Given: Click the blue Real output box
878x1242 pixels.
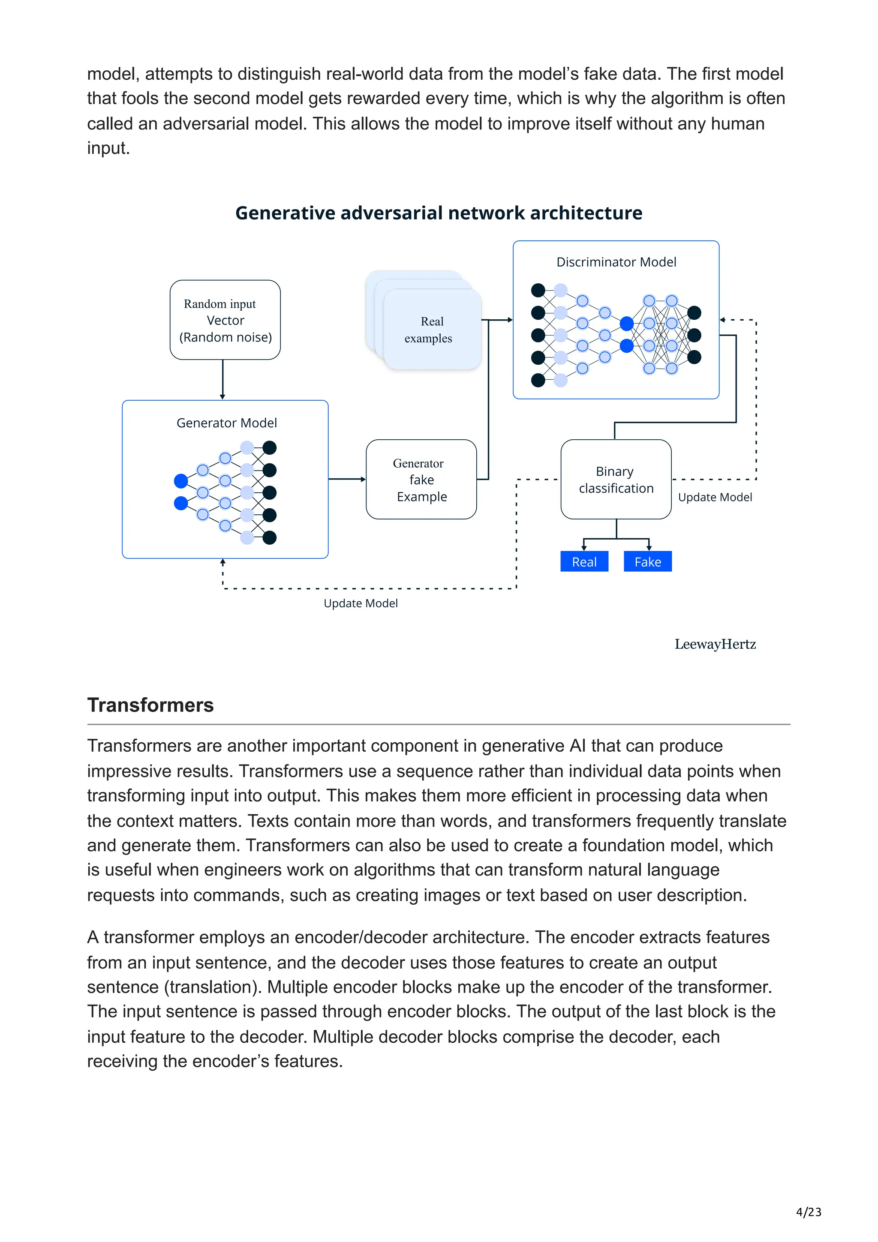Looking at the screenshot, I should (584, 561).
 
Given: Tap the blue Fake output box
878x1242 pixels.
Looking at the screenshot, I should (647, 561).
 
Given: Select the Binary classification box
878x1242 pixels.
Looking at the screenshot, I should (616, 479).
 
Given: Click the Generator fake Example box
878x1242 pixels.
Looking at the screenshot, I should (421, 479).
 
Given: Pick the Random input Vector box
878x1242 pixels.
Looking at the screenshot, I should (225, 320).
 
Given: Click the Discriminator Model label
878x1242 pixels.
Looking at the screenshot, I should (616, 262).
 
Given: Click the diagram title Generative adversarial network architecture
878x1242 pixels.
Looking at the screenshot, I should (438, 213).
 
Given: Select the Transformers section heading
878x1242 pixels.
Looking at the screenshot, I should (150, 705).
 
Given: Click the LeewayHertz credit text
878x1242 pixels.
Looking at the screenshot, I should (715, 644).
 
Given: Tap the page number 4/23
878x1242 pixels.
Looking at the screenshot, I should (808, 1212).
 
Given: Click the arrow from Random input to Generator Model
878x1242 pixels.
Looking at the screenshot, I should (223, 379).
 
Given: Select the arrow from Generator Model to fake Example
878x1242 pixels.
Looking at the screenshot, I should (347, 479).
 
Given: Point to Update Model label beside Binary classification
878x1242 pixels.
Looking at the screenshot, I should (714, 497).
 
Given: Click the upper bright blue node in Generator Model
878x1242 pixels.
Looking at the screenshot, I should (180, 480).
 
